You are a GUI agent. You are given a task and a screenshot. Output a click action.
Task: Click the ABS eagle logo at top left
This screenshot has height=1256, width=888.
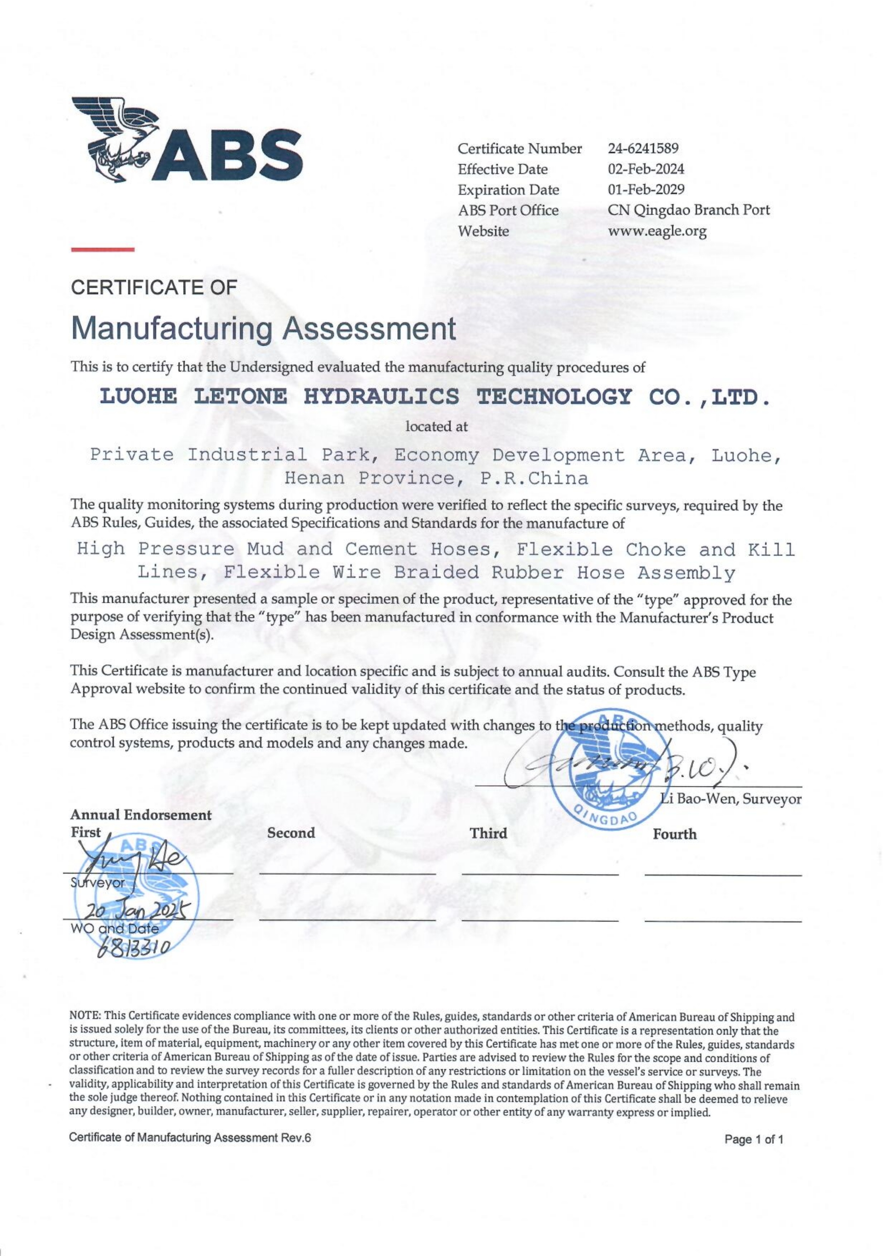pyautogui.click(x=186, y=140)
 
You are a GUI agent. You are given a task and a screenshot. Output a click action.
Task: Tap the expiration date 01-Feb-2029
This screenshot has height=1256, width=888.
pyautogui.click(x=645, y=190)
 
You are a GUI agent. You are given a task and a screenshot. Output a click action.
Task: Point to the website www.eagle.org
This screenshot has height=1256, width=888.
pyautogui.click(x=657, y=231)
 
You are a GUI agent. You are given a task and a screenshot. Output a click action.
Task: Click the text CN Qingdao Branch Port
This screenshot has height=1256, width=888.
pyautogui.click(x=688, y=210)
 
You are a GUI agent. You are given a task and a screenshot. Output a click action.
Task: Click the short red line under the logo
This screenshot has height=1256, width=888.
pyautogui.click(x=102, y=250)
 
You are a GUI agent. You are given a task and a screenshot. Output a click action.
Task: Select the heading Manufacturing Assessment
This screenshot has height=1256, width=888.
pyautogui.click(x=263, y=329)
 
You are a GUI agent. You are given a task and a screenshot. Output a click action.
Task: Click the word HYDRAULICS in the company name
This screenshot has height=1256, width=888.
pyautogui.click(x=381, y=397)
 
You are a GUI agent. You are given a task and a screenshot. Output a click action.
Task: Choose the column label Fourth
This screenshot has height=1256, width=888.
pyautogui.click(x=674, y=834)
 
